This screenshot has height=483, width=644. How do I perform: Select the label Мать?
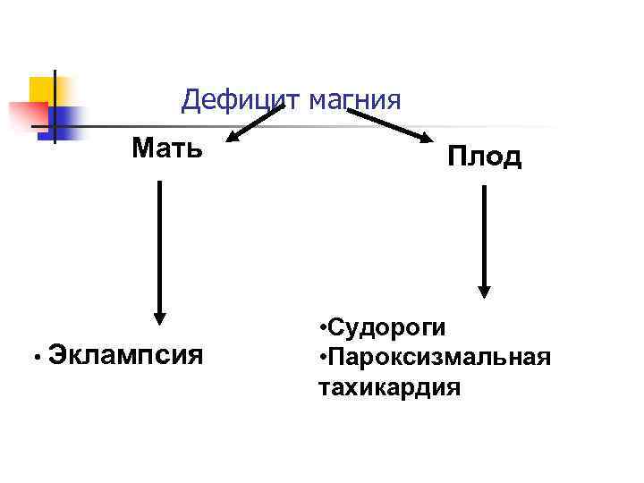click(167, 147)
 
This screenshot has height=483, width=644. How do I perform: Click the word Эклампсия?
click(126, 355)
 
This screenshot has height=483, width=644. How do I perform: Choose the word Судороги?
click(386, 327)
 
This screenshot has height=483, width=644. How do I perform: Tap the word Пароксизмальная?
click(437, 358)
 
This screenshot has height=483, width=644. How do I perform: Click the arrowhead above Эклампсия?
click(159, 315)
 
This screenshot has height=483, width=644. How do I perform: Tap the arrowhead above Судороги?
click(484, 290)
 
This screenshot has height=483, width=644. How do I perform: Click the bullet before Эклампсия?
click(30, 357)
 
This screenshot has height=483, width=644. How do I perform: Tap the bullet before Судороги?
click(321, 328)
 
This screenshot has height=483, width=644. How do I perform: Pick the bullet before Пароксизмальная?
click(321, 359)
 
